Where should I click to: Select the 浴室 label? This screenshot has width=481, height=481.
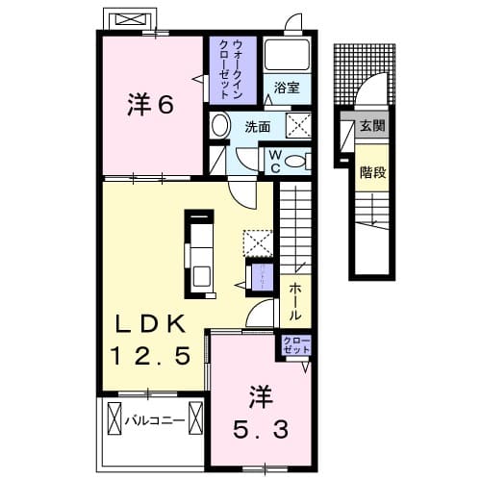tap(285, 87)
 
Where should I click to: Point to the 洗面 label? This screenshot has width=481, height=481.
tap(255, 127)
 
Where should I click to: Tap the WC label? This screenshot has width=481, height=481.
tap(274, 160)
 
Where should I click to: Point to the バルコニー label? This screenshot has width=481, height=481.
tap(158, 419)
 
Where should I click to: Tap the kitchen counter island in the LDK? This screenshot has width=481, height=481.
tap(200, 253)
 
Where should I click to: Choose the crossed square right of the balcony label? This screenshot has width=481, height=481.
tap(196, 419)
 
